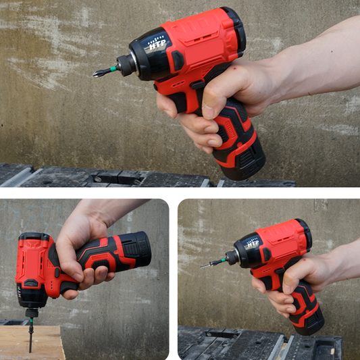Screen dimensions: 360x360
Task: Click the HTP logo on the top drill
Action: coord(157,47)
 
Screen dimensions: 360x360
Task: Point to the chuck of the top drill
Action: coord(126,65)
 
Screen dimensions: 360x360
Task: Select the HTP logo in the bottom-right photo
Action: coord(251,244)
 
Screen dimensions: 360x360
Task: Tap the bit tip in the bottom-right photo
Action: coord(205,265)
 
